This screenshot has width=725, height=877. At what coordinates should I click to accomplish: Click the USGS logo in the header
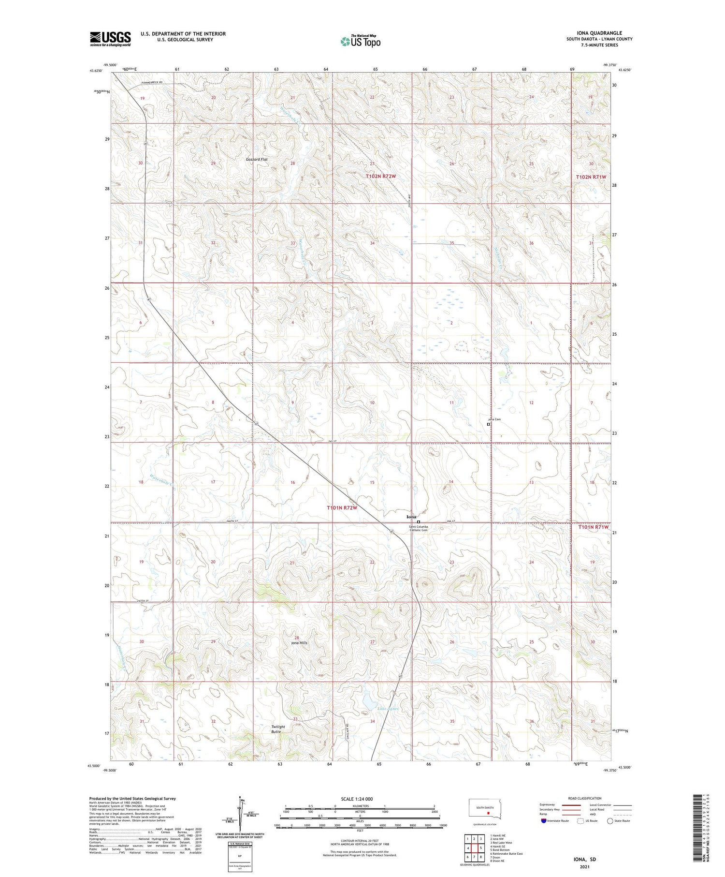[110, 39]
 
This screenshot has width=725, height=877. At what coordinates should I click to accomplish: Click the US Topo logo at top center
[361, 41]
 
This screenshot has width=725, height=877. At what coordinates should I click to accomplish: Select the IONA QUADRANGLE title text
[599, 33]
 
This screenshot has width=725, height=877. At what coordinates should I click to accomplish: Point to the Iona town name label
[411, 517]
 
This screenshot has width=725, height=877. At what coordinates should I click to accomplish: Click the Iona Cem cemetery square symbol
[488, 424]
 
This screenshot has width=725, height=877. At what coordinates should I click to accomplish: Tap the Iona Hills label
[299, 643]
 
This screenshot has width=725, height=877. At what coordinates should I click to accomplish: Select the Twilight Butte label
[278, 729]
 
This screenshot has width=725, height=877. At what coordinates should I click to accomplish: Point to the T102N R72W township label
[380, 177]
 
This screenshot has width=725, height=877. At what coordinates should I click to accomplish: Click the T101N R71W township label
[594, 527]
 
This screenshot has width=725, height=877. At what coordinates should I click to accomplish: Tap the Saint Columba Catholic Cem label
[419, 528]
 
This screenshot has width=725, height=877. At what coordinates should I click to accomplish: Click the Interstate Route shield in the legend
[543, 821]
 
